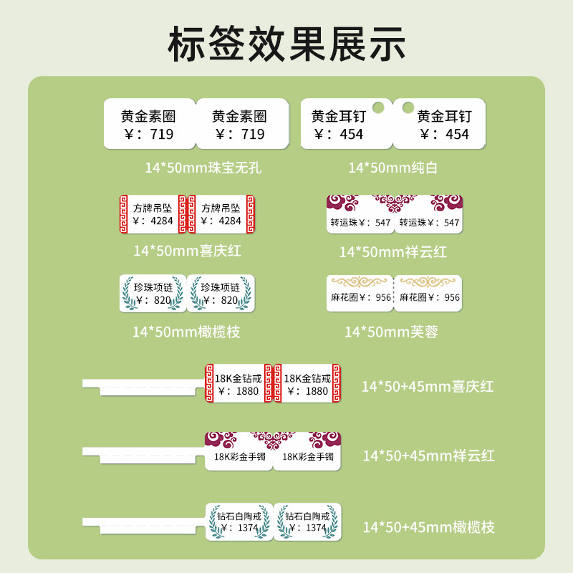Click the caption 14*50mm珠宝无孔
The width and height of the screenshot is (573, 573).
click(203, 168)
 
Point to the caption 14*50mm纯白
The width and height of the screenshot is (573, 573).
click(393, 168)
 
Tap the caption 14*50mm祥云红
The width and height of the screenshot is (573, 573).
click(393, 252)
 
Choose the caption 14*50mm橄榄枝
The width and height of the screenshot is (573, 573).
click(186, 332)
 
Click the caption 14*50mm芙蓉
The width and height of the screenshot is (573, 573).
click(391, 332)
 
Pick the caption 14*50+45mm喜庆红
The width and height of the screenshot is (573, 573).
click(428, 387)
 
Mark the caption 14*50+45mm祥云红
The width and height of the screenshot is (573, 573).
click(428, 456)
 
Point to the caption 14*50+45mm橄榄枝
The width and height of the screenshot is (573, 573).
click(428, 528)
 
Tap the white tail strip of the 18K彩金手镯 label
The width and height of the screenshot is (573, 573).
click(143, 452)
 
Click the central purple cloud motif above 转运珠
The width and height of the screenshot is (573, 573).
click(395, 204)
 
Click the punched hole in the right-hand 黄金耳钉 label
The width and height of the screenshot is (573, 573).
click(408, 107)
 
